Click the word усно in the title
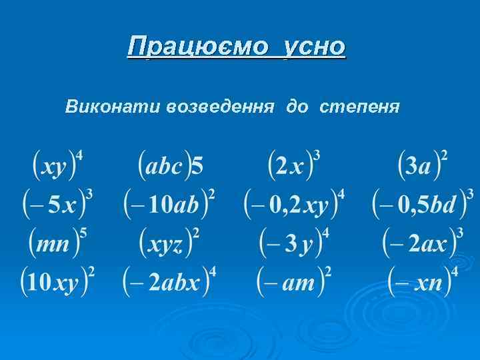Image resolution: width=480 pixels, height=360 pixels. click(x=315, y=47)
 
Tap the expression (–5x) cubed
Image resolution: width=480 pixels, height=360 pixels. click(x=57, y=203)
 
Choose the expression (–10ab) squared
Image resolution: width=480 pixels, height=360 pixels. click(x=169, y=203)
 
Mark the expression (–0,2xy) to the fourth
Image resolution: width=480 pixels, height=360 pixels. click(x=294, y=204)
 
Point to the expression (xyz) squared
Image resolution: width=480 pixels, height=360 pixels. click(x=169, y=243)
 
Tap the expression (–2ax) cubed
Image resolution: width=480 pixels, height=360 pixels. click(x=423, y=243)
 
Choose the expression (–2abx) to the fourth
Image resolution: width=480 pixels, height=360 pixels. click(x=169, y=281)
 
